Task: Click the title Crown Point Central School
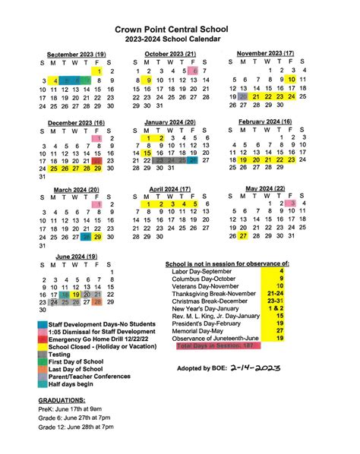click(180, 27)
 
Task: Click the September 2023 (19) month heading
click(76, 55)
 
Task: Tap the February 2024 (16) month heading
click(264, 121)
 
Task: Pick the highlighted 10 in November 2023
click(292, 79)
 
